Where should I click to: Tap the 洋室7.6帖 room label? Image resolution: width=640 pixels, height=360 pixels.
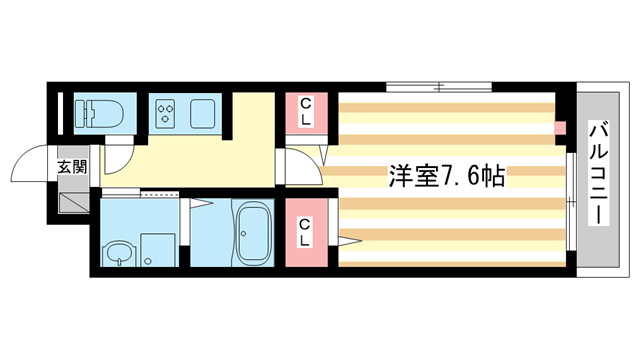click(445, 176)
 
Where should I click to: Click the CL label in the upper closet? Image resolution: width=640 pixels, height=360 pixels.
click(306, 111)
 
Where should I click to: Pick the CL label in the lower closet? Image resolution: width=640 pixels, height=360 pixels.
click(306, 232)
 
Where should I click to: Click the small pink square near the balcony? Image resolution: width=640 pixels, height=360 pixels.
click(561, 128)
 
